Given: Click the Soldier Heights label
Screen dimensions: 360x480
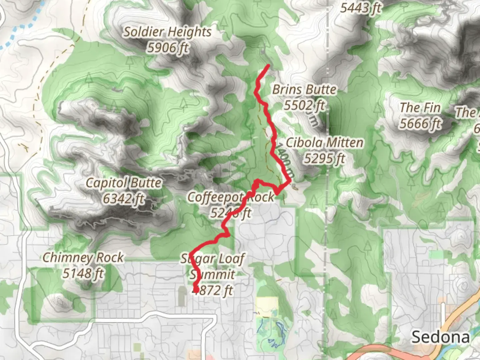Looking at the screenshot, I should tap(168, 32).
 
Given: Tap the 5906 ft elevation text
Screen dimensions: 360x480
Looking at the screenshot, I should tap(168, 48).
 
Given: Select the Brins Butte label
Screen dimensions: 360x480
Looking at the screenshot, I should tap(304, 90).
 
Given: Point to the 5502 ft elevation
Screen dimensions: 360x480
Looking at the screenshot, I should tap(304, 105).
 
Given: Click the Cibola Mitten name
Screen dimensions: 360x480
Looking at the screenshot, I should tap(324, 143).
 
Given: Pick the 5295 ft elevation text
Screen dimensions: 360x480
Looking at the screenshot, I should tap(324, 159).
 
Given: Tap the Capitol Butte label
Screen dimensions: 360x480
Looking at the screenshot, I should tap(124, 183).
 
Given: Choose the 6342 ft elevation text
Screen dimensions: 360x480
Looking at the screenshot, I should tap(124, 199).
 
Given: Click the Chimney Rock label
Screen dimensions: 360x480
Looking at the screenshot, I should tap(83, 258).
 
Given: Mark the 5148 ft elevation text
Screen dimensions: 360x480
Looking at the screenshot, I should tap(83, 274).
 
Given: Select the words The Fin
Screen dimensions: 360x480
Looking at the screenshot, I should tap(420, 108).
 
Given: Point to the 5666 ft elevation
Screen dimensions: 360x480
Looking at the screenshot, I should tap(420, 124).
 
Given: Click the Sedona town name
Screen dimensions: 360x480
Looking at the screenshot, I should tap(440, 337).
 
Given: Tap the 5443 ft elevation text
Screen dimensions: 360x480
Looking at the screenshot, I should tap(360, 8).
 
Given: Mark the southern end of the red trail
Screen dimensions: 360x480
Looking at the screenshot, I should tap(196, 291).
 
